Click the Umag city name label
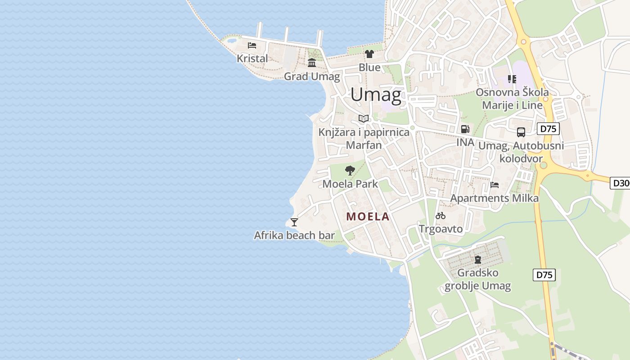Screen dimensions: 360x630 point(376,94)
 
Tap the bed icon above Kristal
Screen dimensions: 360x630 point(252,45)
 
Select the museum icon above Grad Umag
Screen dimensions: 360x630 point(312,63)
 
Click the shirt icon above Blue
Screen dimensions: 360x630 point(369,54)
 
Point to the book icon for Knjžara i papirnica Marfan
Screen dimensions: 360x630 point(364,118)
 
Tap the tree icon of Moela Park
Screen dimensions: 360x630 point(350,170)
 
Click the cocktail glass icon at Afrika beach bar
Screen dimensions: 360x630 point(294,222)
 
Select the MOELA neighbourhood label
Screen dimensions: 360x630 point(368,216)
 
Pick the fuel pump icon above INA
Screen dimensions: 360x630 point(465,129)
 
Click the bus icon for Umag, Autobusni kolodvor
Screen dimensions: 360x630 point(521,132)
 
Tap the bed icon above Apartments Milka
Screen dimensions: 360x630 point(495,184)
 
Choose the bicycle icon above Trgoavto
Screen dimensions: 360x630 point(441,216)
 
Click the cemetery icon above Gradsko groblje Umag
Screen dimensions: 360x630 point(478,259)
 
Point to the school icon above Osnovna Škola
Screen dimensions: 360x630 point(512,79)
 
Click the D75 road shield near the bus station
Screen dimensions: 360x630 point(548,129)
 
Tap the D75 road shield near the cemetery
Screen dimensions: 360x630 point(544,274)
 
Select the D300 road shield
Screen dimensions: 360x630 point(621,183)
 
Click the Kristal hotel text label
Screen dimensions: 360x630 point(252,58)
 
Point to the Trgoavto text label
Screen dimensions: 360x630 point(441,229)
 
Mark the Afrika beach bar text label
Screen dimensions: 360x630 point(294,235)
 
